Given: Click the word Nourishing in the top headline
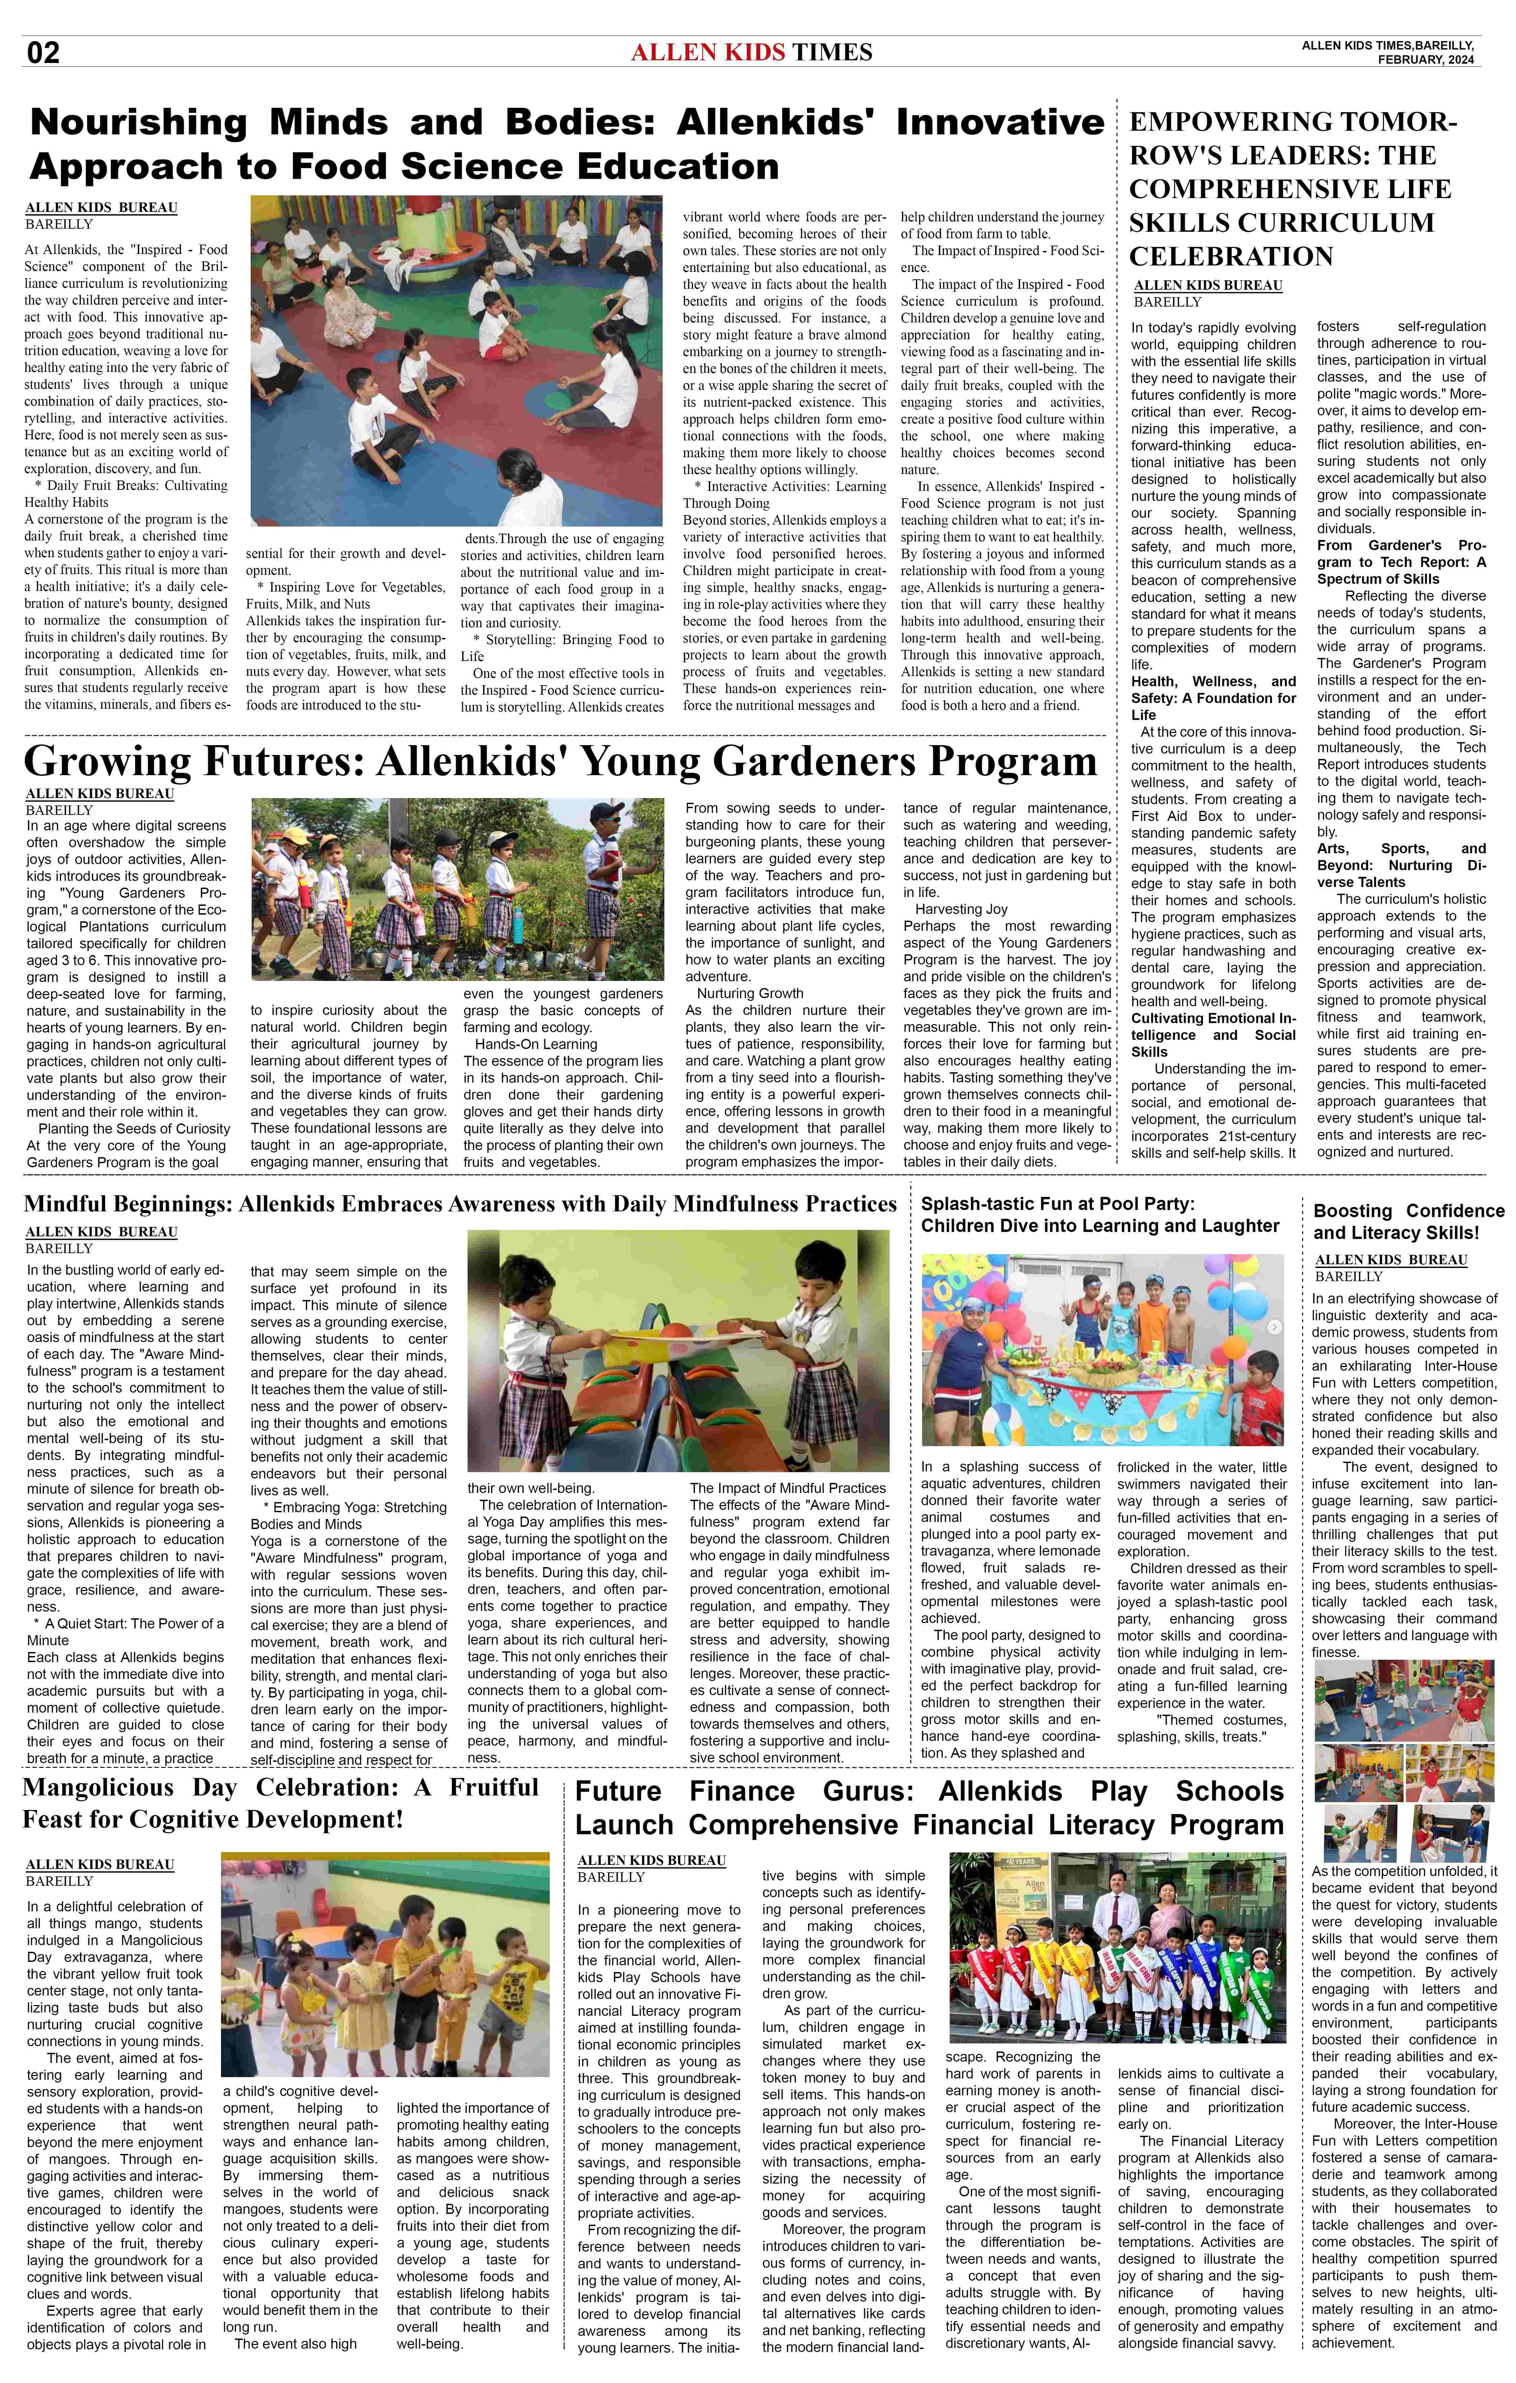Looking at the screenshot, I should coord(138,123).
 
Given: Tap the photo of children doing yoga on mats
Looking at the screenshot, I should coord(456,360).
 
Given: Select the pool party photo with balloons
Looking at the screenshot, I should coord(1102,1350).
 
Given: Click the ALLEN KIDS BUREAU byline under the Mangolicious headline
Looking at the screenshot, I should coord(100,1865).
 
